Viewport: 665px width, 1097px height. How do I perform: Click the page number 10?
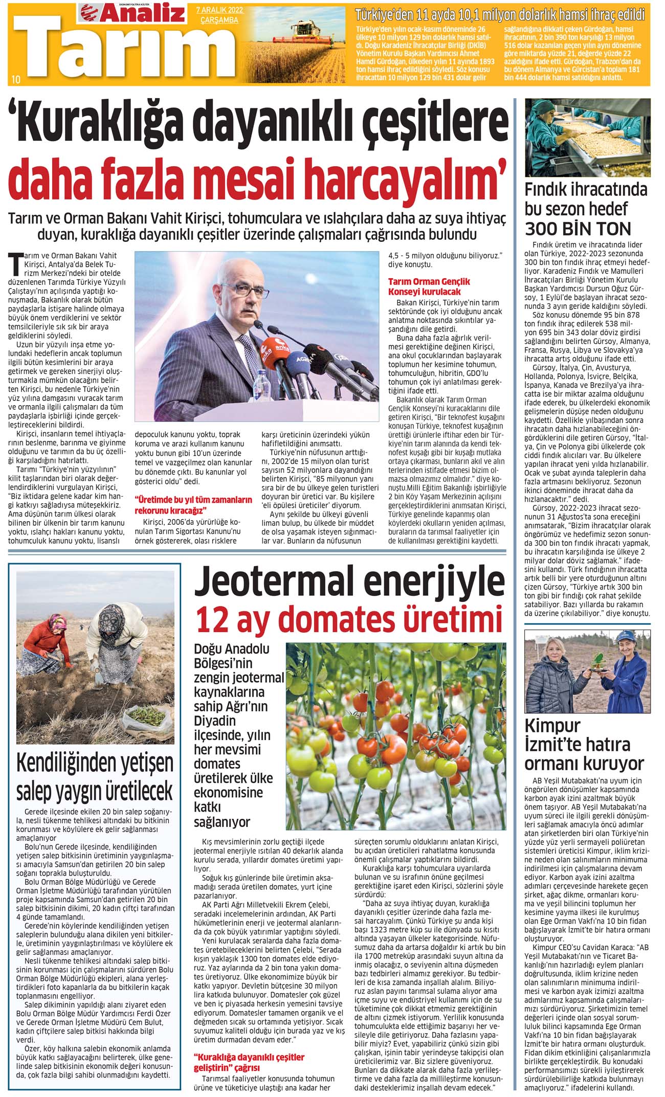[16, 79]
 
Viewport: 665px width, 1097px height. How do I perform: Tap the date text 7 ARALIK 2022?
[219, 10]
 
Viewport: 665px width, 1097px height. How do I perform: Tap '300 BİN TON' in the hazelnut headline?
[578, 228]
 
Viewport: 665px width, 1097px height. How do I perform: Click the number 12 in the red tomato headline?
[211, 619]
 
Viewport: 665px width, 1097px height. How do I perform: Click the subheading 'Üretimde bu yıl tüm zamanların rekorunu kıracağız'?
[193, 505]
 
